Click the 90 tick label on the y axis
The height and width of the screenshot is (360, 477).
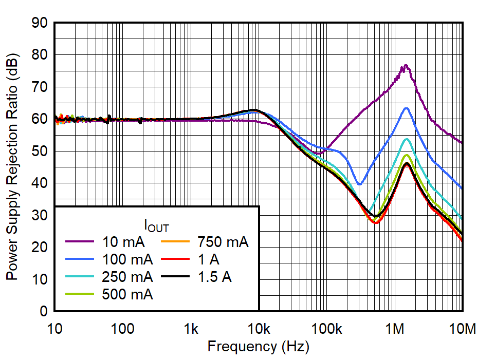[x=40, y=23]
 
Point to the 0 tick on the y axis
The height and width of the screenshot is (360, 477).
[x=54, y=311]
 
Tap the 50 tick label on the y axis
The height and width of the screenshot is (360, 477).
[x=40, y=151]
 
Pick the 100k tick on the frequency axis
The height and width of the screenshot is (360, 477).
[x=327, y=311]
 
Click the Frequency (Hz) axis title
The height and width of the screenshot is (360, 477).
[x=258, y=347]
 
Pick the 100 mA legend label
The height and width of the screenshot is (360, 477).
[x=127, y=260]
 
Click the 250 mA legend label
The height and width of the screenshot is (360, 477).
[x=127, y=277]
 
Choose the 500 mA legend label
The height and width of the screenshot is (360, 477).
[x=127, y=295]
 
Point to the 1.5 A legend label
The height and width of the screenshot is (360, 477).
[x=215, y=277]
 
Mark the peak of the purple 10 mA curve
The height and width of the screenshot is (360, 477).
[x=406, y=65]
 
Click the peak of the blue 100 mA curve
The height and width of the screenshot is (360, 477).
[x=406, y=108]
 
